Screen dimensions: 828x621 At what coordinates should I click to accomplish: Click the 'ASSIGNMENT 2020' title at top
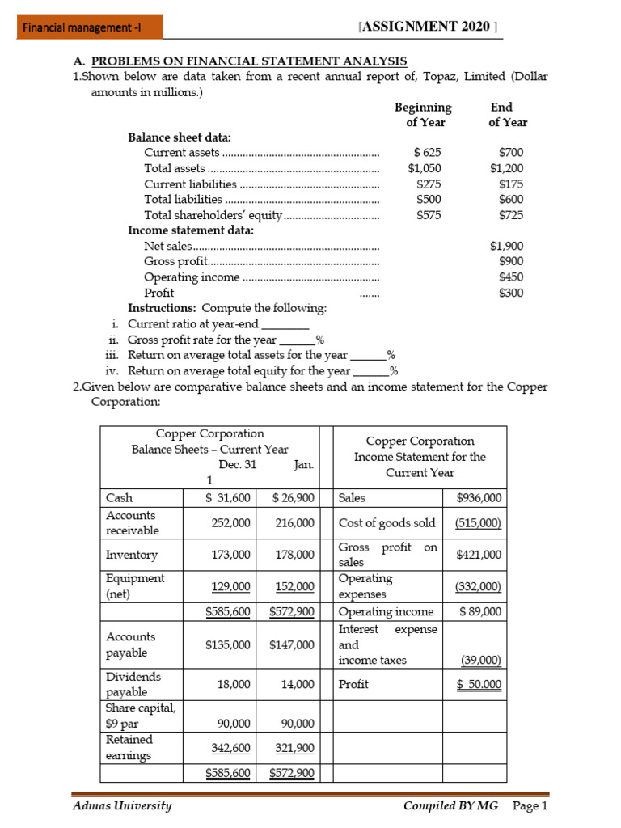pyautogui.click(x=427, y=27)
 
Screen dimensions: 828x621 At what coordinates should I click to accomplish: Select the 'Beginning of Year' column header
pyautogui.click(x=424, y=115)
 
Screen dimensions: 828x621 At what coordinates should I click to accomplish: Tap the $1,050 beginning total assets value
pyautogui.click(x=425, y=168)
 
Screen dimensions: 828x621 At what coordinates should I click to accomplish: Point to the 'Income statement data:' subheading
pyautogui.click(x=191, y=230)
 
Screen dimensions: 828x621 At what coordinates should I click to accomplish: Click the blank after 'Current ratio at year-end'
pyautogui.click(x=286, y=324)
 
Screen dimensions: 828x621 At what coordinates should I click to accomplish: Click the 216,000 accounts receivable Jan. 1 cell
pyautogui.click(x=294, y=523)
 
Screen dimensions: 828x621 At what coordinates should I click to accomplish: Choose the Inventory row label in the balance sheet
pyautogui.click(x=132, y=556)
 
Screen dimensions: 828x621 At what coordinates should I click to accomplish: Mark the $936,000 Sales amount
pyautogui.click(x=479, y=498)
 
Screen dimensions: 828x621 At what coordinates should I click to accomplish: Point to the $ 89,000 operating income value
pyautogui.click(x=480, y=611)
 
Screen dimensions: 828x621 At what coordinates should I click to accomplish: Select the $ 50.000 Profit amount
pyautogui.click(x=479, y=684)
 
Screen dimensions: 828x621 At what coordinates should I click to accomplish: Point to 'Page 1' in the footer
pyautogui.click(x=530, y=806)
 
